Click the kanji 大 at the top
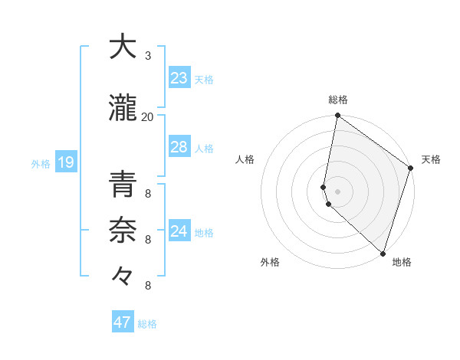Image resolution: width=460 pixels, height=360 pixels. point(122,47)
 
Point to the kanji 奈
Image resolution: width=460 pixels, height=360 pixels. point(122,231)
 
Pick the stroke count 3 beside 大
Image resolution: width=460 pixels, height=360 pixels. point(147,56)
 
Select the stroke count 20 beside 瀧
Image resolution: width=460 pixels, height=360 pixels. point(147,116)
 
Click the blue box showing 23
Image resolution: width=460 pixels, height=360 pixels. point(179,78)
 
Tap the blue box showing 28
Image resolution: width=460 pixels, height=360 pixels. point(179,147)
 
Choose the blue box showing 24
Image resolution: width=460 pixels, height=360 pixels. point(179,231)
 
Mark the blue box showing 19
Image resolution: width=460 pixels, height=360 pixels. point(65,162)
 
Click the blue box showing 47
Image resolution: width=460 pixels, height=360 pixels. point(123,322)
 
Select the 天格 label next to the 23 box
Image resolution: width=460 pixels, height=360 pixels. point(204,80)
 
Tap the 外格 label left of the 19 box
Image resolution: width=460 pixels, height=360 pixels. point(41,163)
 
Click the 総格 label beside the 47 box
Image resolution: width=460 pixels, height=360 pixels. point(147,324)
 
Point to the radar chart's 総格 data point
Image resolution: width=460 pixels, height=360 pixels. point(337,116)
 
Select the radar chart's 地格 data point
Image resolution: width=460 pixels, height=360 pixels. point(383,253)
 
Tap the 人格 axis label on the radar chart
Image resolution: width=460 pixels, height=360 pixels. point(245,159)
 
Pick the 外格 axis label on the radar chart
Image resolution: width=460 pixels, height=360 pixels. point(270,263)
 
